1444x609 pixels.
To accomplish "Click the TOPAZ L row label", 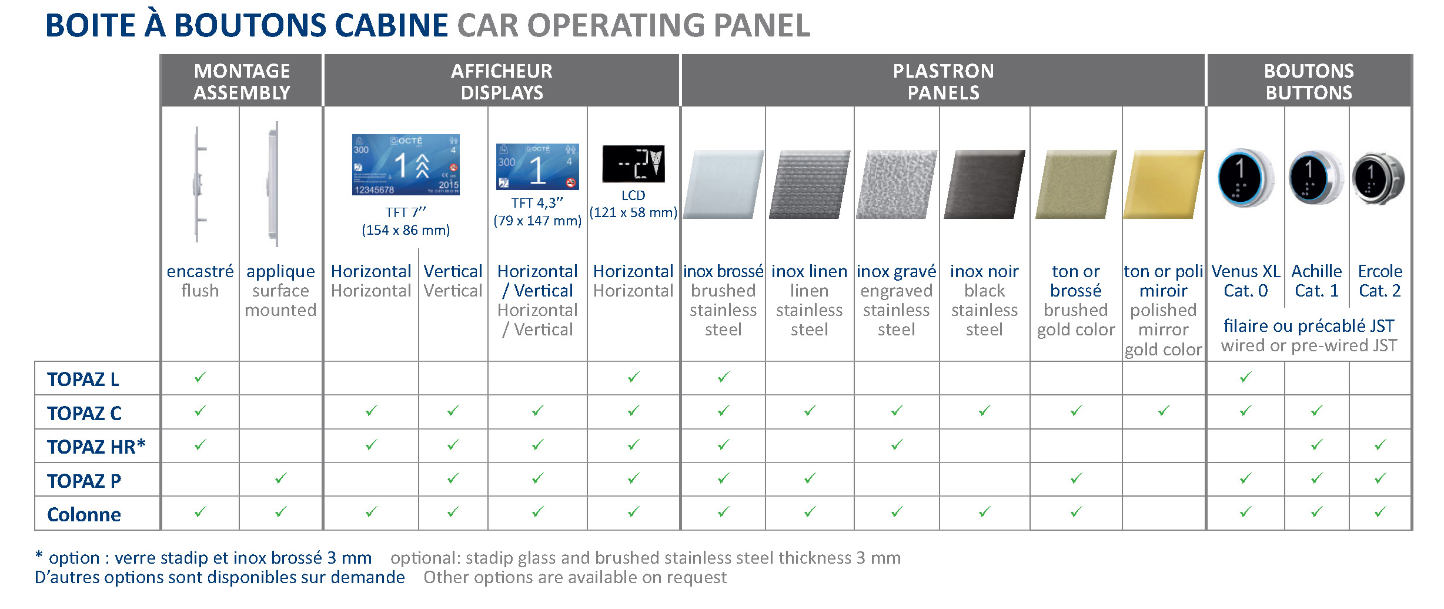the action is point(83,380).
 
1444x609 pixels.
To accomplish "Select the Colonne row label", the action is point(84,515).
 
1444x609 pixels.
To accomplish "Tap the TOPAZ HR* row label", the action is point(96,447).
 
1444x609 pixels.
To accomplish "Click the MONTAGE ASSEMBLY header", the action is point(242,82).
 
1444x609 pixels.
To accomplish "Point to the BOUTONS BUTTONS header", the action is point(1309,82).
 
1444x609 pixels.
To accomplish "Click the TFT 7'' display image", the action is point(406,165).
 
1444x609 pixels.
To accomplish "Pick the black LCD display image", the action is point(633,164).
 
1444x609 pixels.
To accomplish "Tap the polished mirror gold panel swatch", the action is point(1163,184).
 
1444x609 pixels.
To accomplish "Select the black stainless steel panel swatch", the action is point(984,184).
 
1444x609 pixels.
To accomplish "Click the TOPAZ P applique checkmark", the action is point(281,478).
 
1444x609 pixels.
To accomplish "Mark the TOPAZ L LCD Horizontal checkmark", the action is point(633,377).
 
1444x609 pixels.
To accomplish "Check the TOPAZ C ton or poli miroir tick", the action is point(1164,411).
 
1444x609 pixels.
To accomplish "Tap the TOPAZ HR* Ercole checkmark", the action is point(1380,445).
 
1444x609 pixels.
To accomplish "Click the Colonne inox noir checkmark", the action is point(985,512).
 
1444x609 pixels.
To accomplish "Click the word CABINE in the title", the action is point(392,25).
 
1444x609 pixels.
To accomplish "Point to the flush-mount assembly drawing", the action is point(199,184).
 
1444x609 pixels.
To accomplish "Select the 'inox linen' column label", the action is point(809,271).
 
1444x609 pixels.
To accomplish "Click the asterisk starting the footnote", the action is point(39,554).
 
